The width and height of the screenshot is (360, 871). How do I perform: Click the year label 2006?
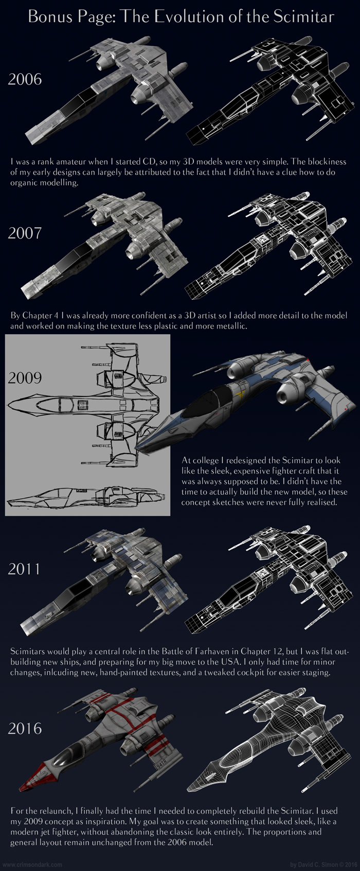(x=25, y=79)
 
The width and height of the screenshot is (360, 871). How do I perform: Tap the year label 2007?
(x=25, y=233)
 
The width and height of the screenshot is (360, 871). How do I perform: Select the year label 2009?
(x=25, y=377)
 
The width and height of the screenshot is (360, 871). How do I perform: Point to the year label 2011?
(x=24, y=569)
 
